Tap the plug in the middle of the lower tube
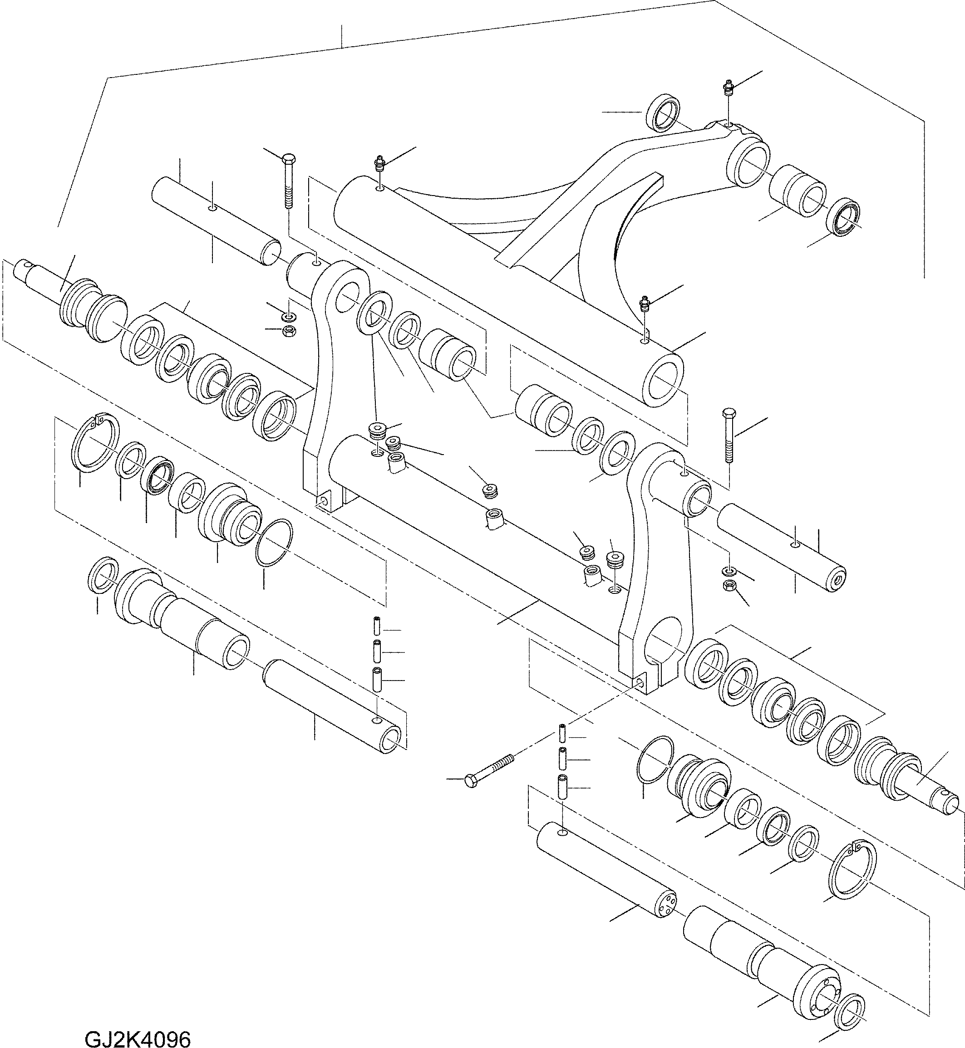pos(490,490)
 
